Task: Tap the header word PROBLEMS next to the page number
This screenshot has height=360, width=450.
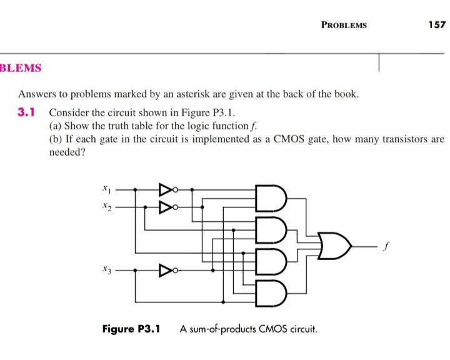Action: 344,26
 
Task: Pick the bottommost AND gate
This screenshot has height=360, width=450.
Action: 271,290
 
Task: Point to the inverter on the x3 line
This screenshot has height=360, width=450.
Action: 166,271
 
